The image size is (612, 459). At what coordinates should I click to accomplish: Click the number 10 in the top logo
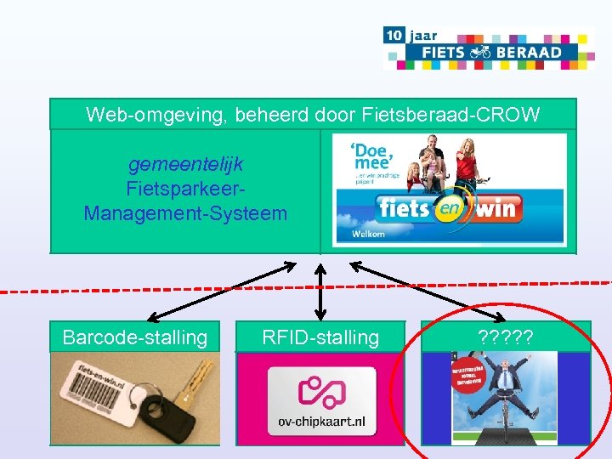point(393,36)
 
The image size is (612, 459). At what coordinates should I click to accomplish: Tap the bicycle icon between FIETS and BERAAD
point(480,52)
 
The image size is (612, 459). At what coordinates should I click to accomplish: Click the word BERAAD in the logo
point(530,52)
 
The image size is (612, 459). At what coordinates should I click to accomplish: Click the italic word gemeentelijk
point(185,162)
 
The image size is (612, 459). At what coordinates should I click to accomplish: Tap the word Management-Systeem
point(185,213)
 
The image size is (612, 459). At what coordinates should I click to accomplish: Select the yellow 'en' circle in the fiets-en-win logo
point(443,207)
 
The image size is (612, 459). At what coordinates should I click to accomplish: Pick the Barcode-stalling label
point(135,337)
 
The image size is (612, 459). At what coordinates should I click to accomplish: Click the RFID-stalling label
point(320,337)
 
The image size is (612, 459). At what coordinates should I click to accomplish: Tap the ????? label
point(506,337)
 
